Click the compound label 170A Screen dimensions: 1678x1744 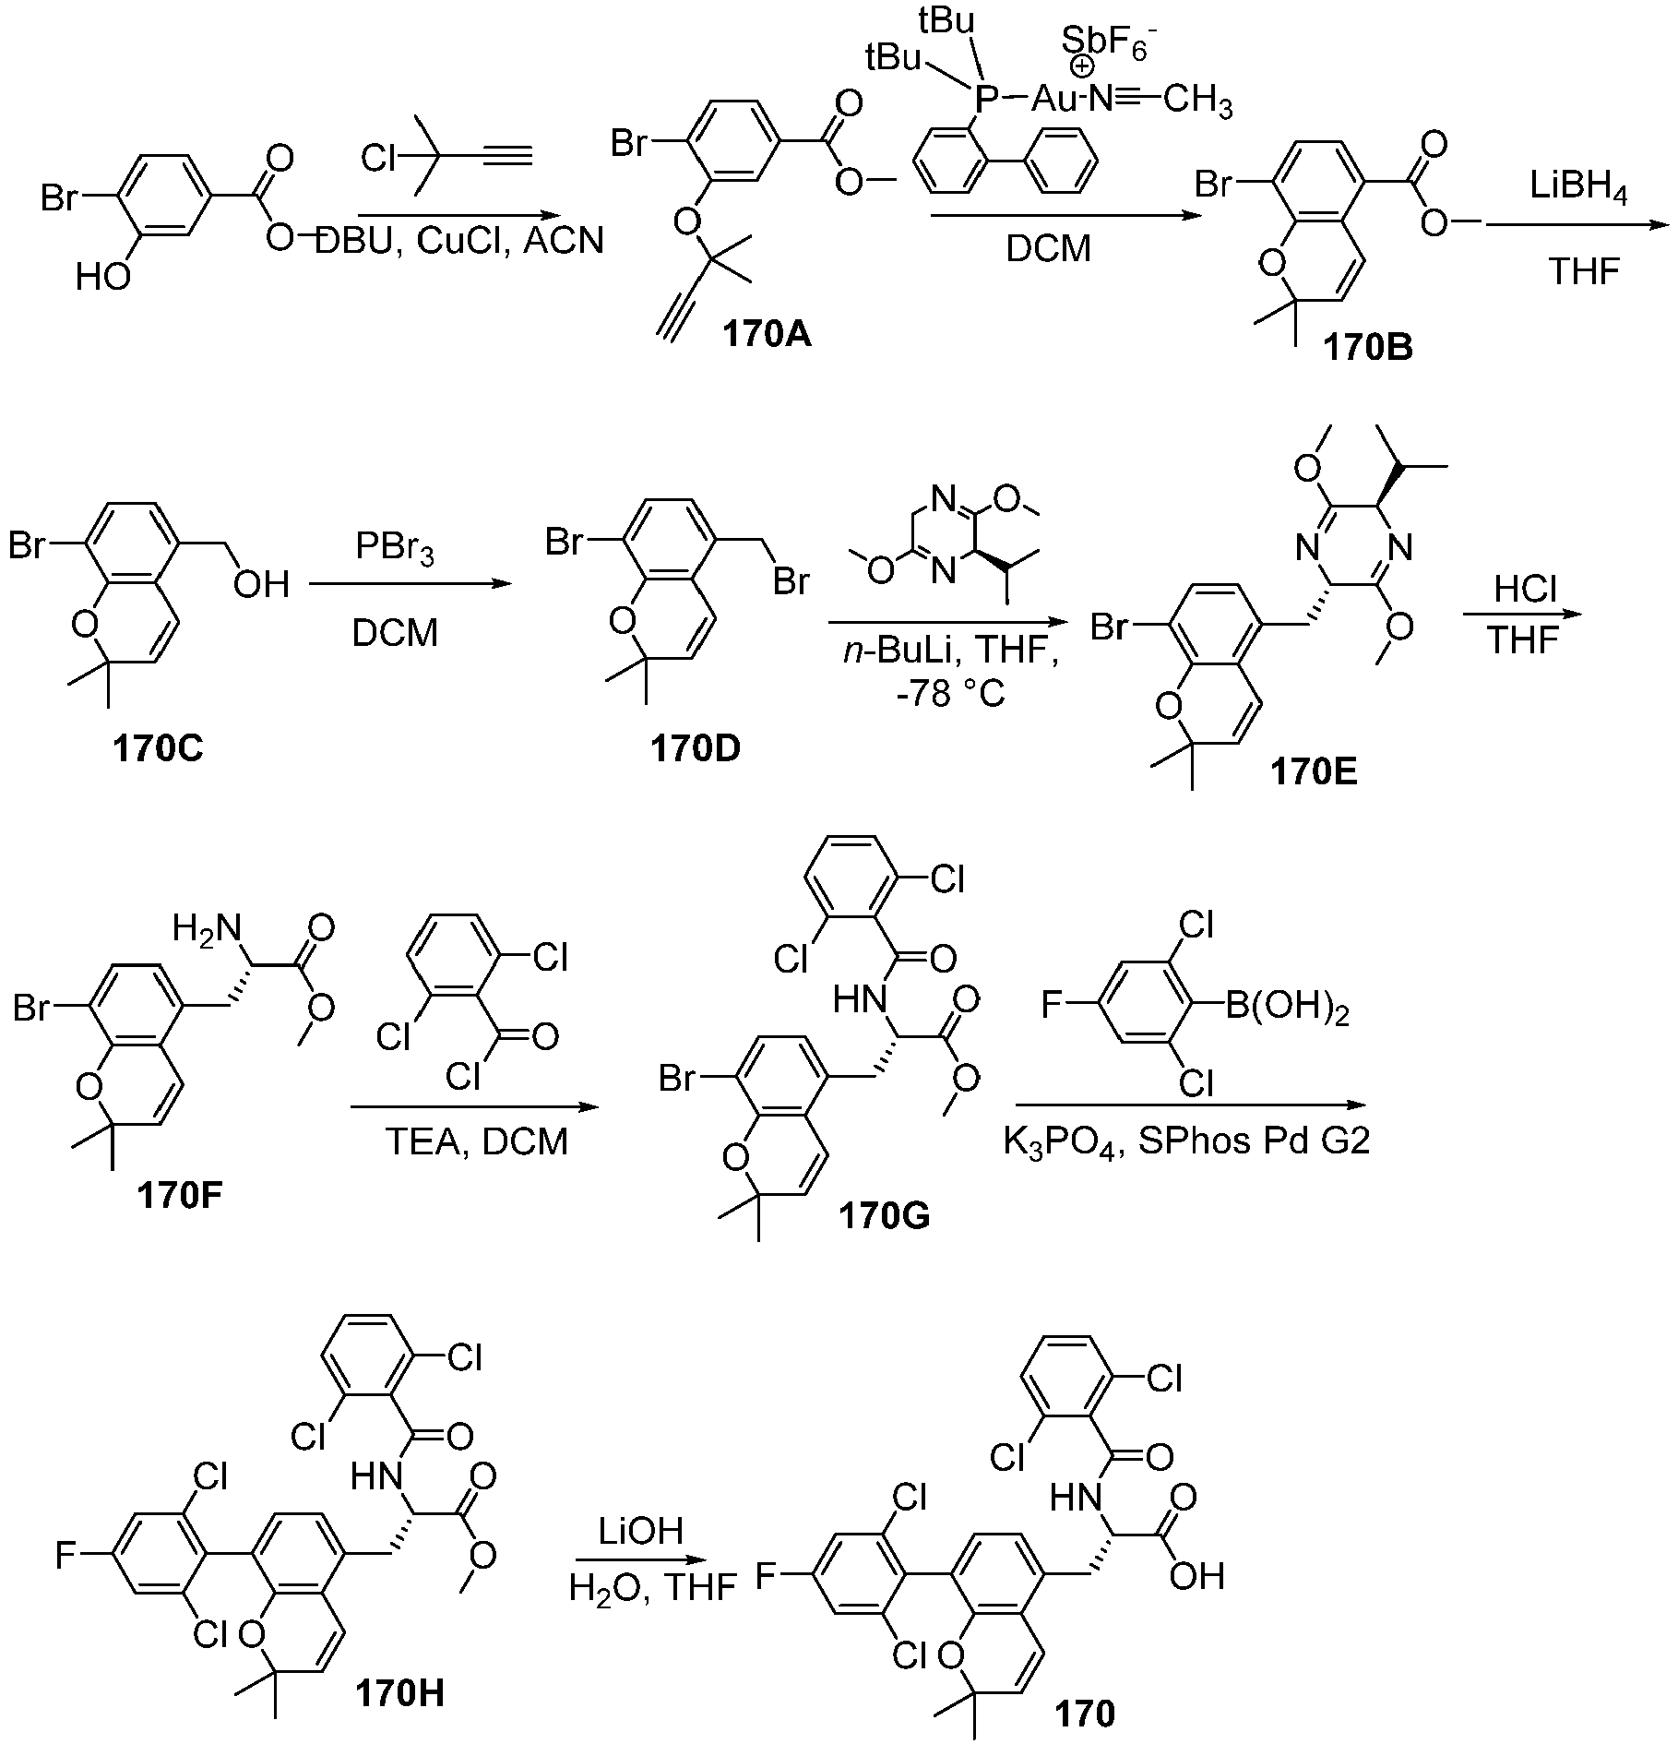click(768, 334)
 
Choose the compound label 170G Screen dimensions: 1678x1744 click(885, 1216)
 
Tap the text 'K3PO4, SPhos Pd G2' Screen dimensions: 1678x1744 click(1186, 1143)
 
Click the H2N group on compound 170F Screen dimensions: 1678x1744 click(207, 929)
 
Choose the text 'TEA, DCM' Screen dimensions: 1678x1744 click(476, 1141)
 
